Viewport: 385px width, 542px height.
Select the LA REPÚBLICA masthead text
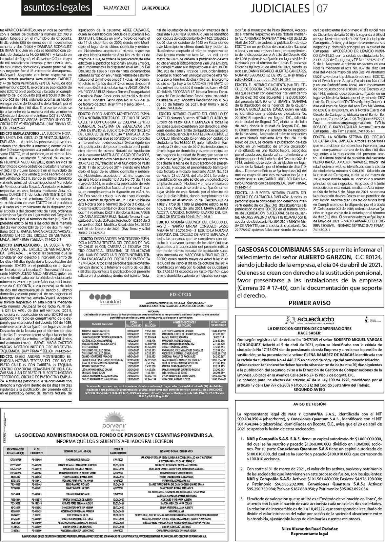click(155, 8)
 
